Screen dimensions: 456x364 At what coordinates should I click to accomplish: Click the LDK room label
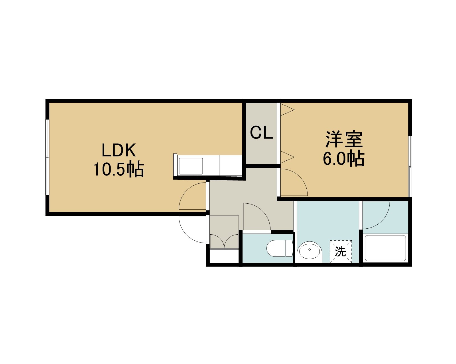(119, 150)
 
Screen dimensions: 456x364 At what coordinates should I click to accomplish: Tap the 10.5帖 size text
(119, 169)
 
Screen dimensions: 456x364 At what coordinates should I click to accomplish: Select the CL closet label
(261, 133)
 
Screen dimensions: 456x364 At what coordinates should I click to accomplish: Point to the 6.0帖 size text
(344, 158)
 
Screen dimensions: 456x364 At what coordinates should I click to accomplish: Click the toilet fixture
(280, 248)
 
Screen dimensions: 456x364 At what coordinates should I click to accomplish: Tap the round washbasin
(310, 251)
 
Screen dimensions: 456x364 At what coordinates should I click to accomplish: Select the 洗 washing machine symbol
(341, 251)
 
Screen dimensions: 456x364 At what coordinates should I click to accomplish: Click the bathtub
(385, 248)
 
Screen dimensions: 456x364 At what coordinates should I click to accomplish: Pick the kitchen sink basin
(191, 166)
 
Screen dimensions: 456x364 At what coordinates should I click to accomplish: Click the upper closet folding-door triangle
(287, 109)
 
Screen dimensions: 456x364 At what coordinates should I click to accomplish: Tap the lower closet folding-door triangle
(287, 157)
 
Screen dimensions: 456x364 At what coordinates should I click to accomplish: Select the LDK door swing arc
(186, 190)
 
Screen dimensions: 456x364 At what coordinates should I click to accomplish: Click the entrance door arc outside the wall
(186, 235)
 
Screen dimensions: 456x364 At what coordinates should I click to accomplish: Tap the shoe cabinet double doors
(224, 241)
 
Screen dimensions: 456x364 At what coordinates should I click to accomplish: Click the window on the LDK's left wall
(48, 157)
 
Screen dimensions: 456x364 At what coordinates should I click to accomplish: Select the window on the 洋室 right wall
(410, 167)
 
